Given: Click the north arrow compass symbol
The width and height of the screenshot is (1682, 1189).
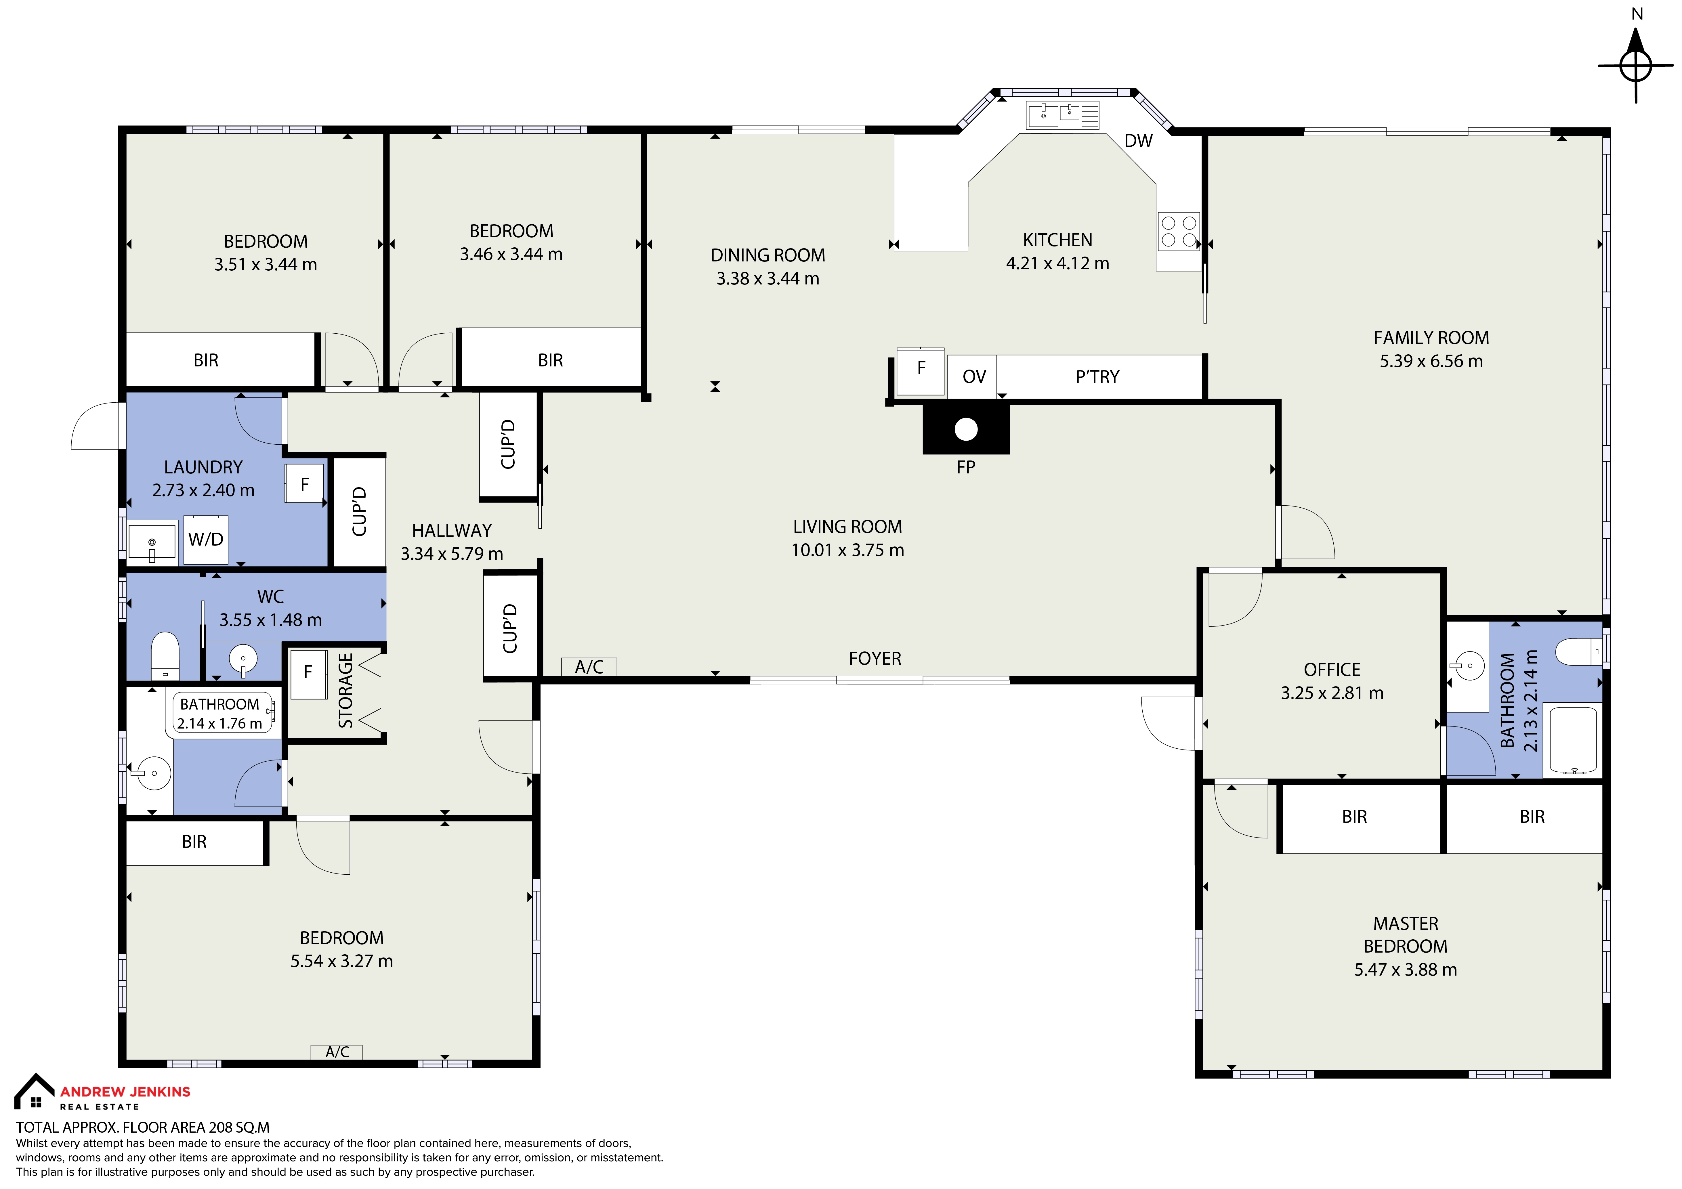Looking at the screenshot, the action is click(x=1636, y=66).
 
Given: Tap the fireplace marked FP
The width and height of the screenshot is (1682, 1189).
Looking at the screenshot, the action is click(x=965, y=429).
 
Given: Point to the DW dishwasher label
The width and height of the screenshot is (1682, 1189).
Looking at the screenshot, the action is click(x=1138, y=141).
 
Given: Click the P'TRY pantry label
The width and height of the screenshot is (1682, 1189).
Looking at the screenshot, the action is click(x=1097, y=376).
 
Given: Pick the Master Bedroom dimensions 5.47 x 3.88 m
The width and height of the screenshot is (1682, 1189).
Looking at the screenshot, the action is click(x=1405, y=969).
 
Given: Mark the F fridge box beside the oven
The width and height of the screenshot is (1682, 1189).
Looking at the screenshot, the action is click(x=921, y=368).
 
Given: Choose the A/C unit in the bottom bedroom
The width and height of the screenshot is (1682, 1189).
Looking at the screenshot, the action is click(x=337, y=1052).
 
